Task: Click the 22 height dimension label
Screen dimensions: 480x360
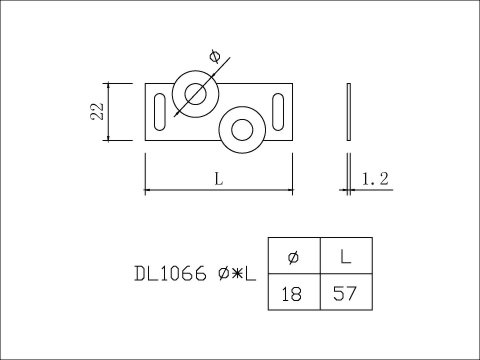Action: (97, 111)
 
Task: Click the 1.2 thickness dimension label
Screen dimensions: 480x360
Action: (375, 179)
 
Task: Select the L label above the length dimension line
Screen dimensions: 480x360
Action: (219, 179)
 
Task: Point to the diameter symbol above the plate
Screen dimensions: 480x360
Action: (215, 56)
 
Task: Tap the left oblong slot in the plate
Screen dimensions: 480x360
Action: (160, 112)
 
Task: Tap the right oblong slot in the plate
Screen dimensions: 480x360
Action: (278, 112)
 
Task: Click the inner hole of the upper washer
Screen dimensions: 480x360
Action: (196, 94)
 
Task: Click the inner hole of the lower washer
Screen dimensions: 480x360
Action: (242, 130)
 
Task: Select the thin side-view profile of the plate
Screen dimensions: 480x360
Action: (349, 112)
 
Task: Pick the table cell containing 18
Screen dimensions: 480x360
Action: (294, 292)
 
